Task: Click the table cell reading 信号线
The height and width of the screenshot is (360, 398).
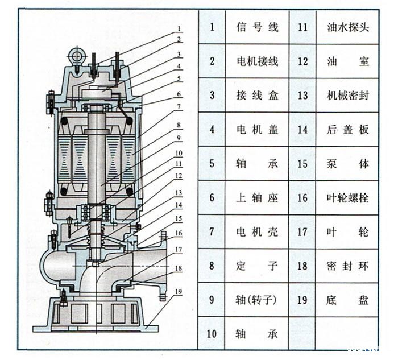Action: [x=258, y=27]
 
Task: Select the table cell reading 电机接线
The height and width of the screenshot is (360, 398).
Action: [x=258, y=61]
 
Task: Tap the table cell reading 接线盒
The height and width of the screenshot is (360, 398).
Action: [x=258, y=96]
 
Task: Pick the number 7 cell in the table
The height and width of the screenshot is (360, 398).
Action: [x=212, y=231]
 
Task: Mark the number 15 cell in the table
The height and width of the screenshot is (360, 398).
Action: [x=302, y=164]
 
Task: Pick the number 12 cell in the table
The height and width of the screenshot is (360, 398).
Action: [x=302, y=61]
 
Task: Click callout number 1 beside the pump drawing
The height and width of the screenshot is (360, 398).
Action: [x=179, y=28]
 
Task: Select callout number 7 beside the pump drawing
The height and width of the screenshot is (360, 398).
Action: [x=179, y=106]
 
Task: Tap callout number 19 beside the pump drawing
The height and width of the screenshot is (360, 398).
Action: [x=179, y=291]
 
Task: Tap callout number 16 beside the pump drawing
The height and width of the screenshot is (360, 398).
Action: [x=179, y=233]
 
